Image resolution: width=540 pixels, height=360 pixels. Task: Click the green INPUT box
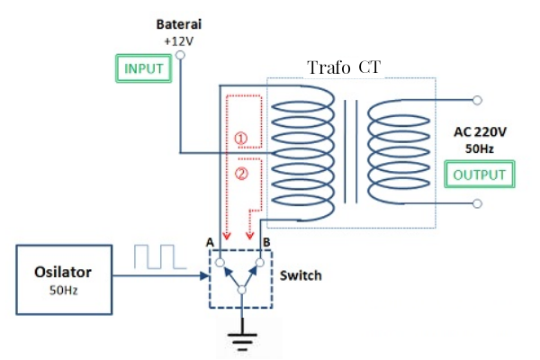coord(145,68)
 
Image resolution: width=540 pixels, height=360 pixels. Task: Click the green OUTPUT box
coord(480,174)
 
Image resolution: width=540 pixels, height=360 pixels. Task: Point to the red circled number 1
coord(240,139)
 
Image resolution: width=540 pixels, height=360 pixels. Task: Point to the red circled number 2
coord(240,174)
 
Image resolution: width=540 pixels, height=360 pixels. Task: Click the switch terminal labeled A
coord(220,262)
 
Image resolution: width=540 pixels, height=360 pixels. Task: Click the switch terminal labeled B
coord(259,262)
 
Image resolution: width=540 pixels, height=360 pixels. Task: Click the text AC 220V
coord(481,131)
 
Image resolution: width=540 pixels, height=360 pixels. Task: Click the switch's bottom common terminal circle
coord(239,291)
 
